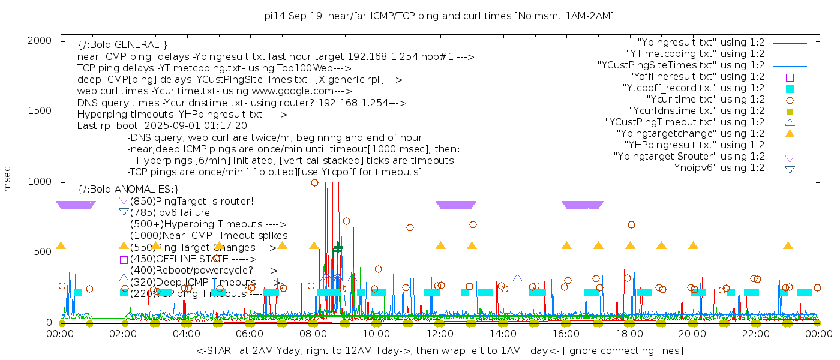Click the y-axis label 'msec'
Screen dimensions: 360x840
(x=8, y=179)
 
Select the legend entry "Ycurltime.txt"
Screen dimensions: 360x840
(x=705, y=100)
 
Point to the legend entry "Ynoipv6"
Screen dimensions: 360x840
(x=717, y=168)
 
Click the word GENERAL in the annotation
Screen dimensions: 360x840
(x=137, y=45)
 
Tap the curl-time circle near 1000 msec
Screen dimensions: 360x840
(x=314, y=182)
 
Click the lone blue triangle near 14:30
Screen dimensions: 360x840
(x=517, y=278)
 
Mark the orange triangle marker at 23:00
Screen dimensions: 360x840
(x=788, y=245)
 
